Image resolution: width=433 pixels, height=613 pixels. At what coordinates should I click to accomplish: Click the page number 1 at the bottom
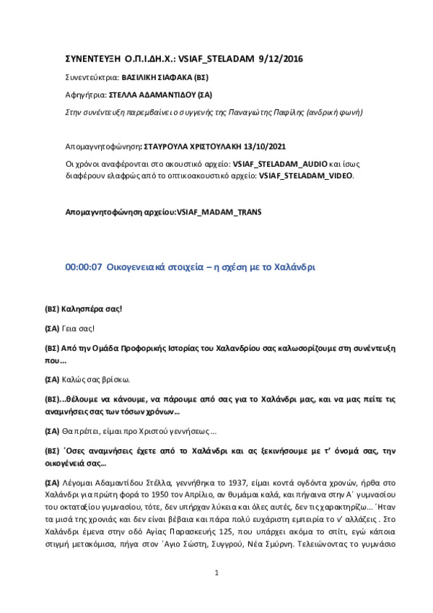[x=216, y=593]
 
